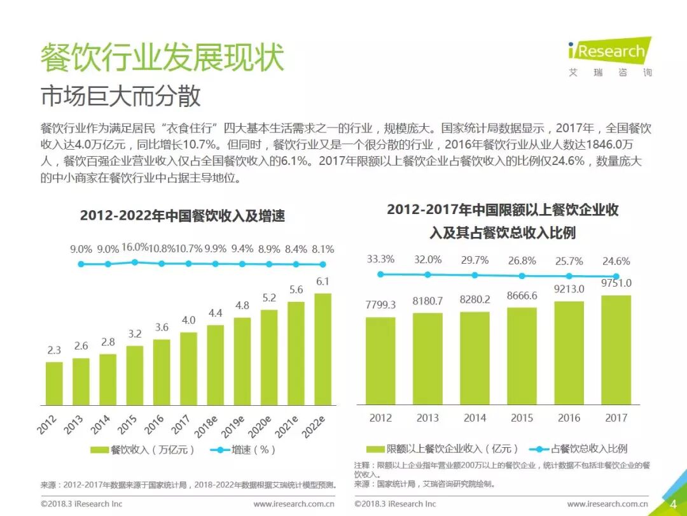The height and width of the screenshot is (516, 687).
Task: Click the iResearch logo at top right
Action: point(609,57)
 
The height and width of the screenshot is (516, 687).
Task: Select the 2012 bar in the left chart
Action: point(55,383)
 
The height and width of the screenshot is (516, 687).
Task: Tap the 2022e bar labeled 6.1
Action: point(323,349)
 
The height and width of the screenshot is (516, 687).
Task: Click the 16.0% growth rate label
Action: point(135,248)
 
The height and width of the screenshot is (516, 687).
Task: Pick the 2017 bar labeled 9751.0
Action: point(616,350)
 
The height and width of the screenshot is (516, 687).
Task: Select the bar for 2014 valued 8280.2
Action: point(475,358)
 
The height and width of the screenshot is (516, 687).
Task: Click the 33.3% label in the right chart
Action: point(380,259)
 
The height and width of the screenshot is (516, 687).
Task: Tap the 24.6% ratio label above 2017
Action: point(616,261)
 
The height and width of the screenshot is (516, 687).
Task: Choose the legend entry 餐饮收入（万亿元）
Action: point(143,450)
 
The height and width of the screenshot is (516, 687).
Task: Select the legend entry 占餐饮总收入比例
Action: point(579,448)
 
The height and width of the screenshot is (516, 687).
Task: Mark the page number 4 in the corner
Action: point(673,504)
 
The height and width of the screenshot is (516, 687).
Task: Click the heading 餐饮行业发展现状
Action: point(162,58)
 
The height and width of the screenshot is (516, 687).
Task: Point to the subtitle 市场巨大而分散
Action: point(121,96)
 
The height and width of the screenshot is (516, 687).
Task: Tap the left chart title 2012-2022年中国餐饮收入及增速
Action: point(183,216)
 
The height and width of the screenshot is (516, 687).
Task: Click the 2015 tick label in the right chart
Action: point(522,418)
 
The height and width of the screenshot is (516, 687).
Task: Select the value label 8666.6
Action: point(522,296)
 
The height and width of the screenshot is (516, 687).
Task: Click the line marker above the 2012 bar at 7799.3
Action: point(380,274)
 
